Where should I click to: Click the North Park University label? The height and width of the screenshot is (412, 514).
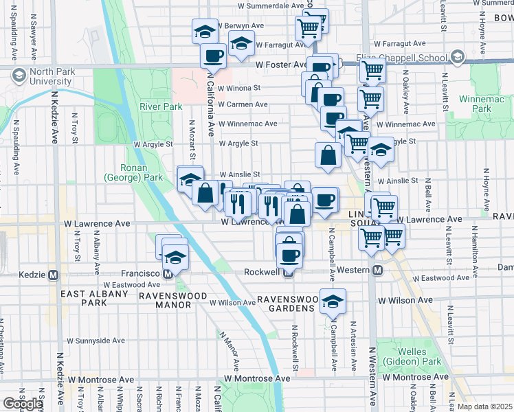pos(47,76)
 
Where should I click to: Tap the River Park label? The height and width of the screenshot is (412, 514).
pos(161,106)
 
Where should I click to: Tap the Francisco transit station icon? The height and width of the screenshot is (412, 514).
pos(167,274)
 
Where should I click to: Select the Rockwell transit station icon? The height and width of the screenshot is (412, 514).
pos(289,273)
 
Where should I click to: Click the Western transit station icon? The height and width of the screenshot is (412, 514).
pos(377,271)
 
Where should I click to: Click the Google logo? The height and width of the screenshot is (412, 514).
pos(22,404)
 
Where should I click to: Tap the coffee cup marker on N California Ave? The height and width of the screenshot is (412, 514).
pos(213,56)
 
